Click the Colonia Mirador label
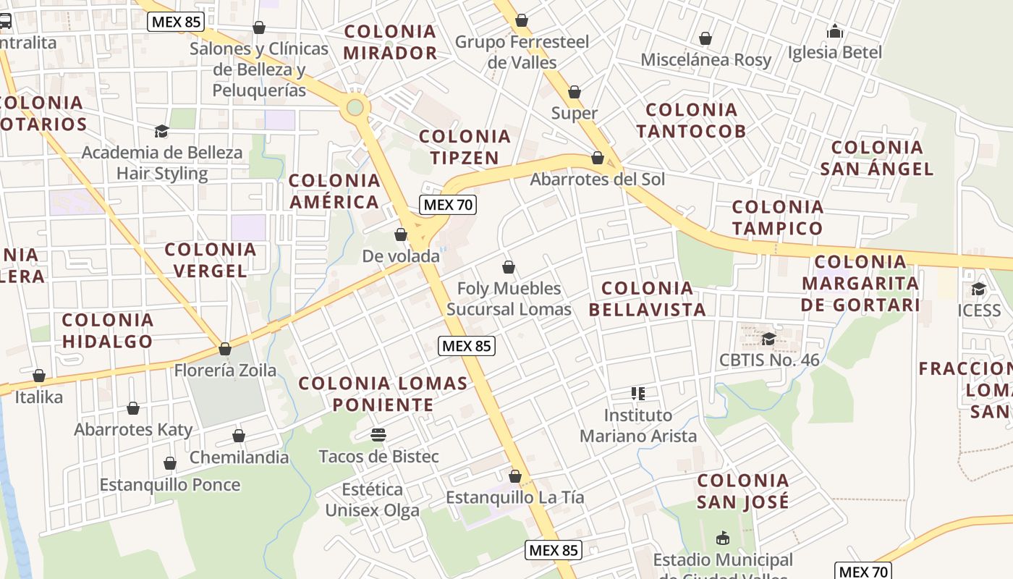pyautogui.click(x=390, y=42)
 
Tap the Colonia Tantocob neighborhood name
pyautogui.click(x=691, y=120)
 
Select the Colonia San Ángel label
pyautogui.click(x=877, y=158)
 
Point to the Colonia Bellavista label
pyautogui.click(x=647, y=299)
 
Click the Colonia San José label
pyautogui.click(x=742, y=491)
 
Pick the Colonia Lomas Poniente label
pyautogui.click(x=383, y=394)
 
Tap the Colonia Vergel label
pyautogui.click(x=210, y=260)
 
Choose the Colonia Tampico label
pyautogui.click(x=777, y=217)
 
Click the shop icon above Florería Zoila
pyautogui.click(x=225, y=349)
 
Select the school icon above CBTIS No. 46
pyautogui.click(x=768, y=339)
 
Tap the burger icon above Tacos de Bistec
pyautogui.click(x=378, y=434)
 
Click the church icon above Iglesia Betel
pyautogui.click(x=835, y=31)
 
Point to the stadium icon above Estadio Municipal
pyautogui.click(x=722, y=538)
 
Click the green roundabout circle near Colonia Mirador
pyautogui.click(x=355, y=108)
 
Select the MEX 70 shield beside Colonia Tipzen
pyautogui.click(x=448, y=205)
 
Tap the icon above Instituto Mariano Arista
pyautogui.click(x=637, y=394)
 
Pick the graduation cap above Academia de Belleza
pyautogui.click(x=161, y=131)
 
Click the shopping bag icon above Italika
pyautogui.click(x=39, y=376)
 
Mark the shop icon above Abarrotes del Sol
pyautogui.click(x=598, y=158)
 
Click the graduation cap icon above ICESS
pyautogui.click(x=979, y=289)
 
